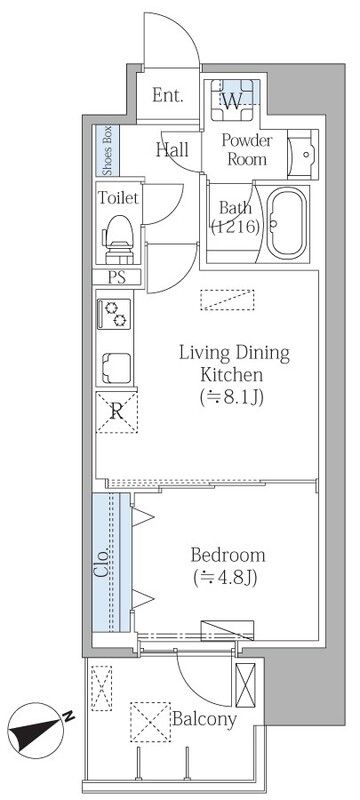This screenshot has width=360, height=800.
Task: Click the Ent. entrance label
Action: (167, 96)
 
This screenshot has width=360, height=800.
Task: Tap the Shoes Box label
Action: (108, 150)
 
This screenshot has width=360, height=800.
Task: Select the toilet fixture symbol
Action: (120, 239)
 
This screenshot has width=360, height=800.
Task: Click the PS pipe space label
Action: (117, 278)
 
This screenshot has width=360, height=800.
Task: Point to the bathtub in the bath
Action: (287, 223)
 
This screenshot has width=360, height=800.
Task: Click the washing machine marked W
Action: (232, 99)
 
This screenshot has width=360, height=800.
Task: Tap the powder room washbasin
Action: (302, 154)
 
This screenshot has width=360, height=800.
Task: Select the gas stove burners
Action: (115, 314)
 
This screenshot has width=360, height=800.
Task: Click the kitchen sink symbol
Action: (116, 367)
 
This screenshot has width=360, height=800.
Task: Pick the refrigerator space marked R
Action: (117, 412)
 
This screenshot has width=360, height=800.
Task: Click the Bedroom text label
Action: (227, 555)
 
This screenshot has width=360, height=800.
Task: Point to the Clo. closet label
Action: (102, 562)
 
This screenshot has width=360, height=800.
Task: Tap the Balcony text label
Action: (204, 720)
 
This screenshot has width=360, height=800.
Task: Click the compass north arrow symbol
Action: (35, 730)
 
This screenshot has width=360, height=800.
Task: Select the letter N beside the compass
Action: (69, 716)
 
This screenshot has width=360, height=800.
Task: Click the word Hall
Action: (172, 149)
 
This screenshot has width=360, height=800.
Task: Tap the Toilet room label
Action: (118, 198)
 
